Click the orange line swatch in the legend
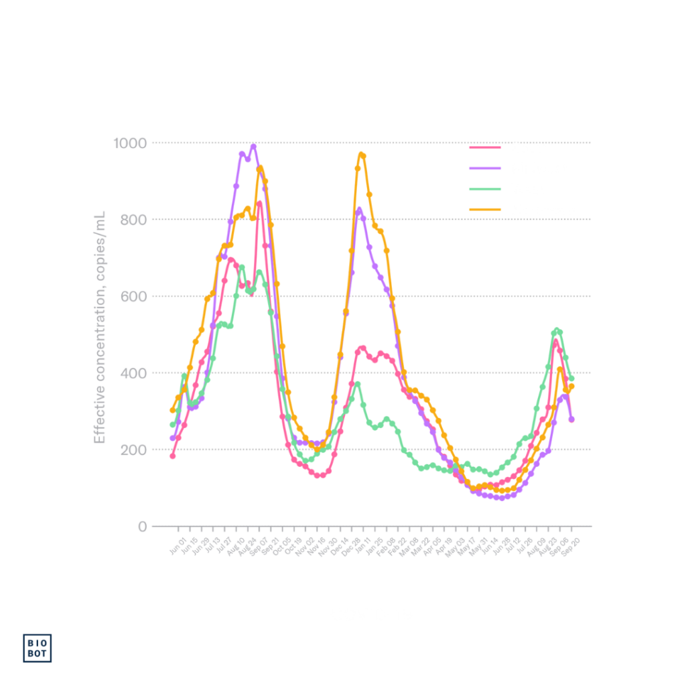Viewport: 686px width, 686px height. pos(485,210)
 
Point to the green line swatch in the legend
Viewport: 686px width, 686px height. pos(485,189)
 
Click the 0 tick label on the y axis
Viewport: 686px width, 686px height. pos(142,526)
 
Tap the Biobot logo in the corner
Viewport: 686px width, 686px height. pos(40,647)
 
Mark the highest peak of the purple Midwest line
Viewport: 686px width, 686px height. pos(253,145)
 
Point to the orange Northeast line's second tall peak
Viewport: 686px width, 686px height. pos(362,154)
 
